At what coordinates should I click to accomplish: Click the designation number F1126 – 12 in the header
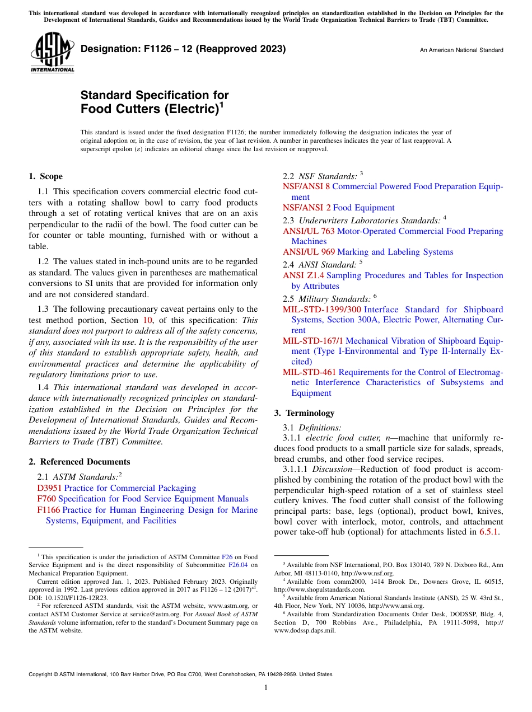(x=183, y=49)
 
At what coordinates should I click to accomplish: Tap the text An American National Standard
(x=461, y=50)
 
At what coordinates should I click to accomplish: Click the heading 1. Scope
(x=45, y=176)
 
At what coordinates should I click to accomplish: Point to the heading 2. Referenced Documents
(x=79, y=462)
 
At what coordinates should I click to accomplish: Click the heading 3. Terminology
(x=304, y=413)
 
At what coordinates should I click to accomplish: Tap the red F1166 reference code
(x=49, y=510)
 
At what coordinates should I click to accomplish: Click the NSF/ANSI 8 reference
(x=306, y=186)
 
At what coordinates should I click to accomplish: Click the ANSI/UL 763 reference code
(x=309, y=231)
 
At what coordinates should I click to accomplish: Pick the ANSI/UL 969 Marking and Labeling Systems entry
(x=368, y=252)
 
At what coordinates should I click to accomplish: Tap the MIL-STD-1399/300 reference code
(x=322, y=310)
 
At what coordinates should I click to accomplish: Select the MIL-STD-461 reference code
(x=309, y=372)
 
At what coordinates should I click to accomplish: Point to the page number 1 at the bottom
(x=266, y=687)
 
